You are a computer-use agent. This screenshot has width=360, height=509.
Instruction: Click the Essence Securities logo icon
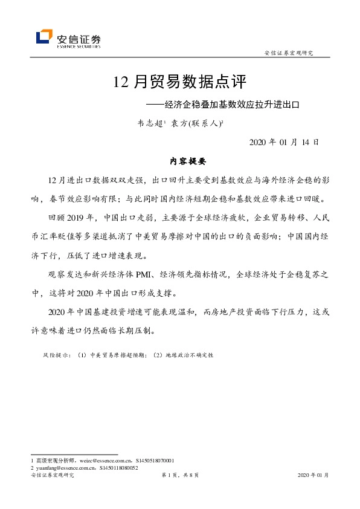click(44, 37)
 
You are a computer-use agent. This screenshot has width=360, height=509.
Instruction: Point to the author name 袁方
click(179, 123)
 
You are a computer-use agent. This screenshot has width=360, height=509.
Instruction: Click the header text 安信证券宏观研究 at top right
click(289, 53)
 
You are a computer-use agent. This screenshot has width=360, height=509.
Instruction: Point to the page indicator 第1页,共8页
click(180, 476)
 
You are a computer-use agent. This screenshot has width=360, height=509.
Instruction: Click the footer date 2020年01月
click(313, 476)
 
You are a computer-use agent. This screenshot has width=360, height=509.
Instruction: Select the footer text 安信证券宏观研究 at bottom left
click(52, 476)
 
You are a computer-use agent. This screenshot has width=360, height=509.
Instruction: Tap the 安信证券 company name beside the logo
click(78, 36)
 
